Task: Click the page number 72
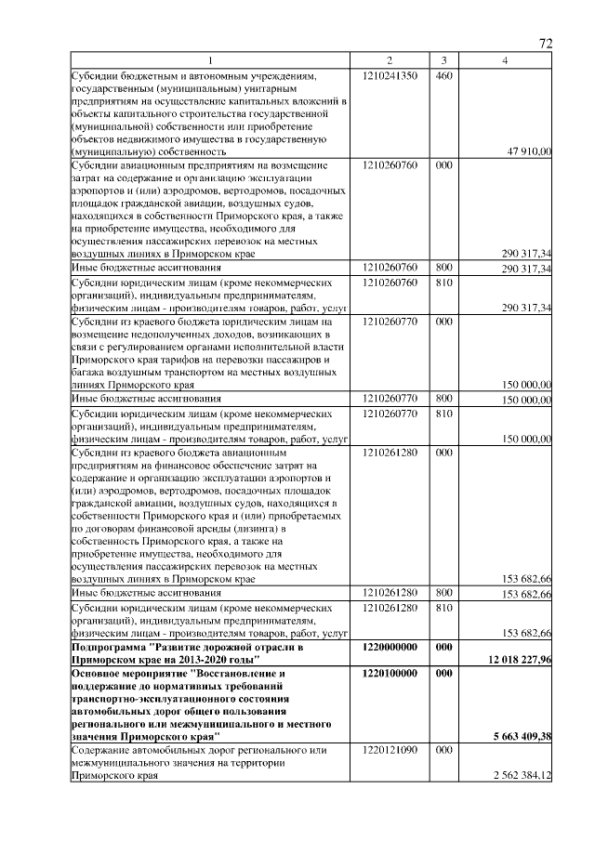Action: click(546, 44)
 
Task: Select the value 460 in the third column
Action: click(443, 74)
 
